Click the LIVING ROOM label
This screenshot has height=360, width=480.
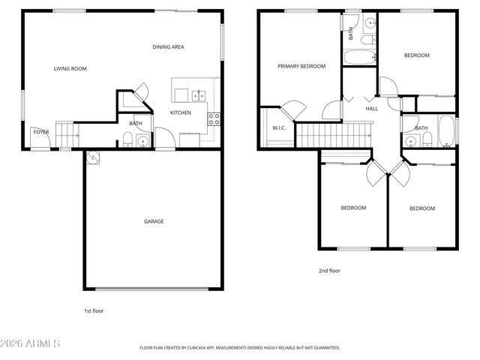70,69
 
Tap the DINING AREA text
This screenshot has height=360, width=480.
168,47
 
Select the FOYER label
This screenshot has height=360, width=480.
40,132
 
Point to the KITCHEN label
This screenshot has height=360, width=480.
180,113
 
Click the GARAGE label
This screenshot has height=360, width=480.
154,221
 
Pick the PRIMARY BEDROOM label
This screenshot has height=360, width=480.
301,66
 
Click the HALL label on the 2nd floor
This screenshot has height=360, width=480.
371,109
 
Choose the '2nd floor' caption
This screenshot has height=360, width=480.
329,270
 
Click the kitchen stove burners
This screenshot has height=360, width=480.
214,117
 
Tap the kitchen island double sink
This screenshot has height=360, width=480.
199,94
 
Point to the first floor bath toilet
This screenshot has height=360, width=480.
128,138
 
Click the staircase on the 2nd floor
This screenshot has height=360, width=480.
334,136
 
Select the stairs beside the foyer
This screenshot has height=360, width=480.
67,135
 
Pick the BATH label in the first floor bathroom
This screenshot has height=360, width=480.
136,124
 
